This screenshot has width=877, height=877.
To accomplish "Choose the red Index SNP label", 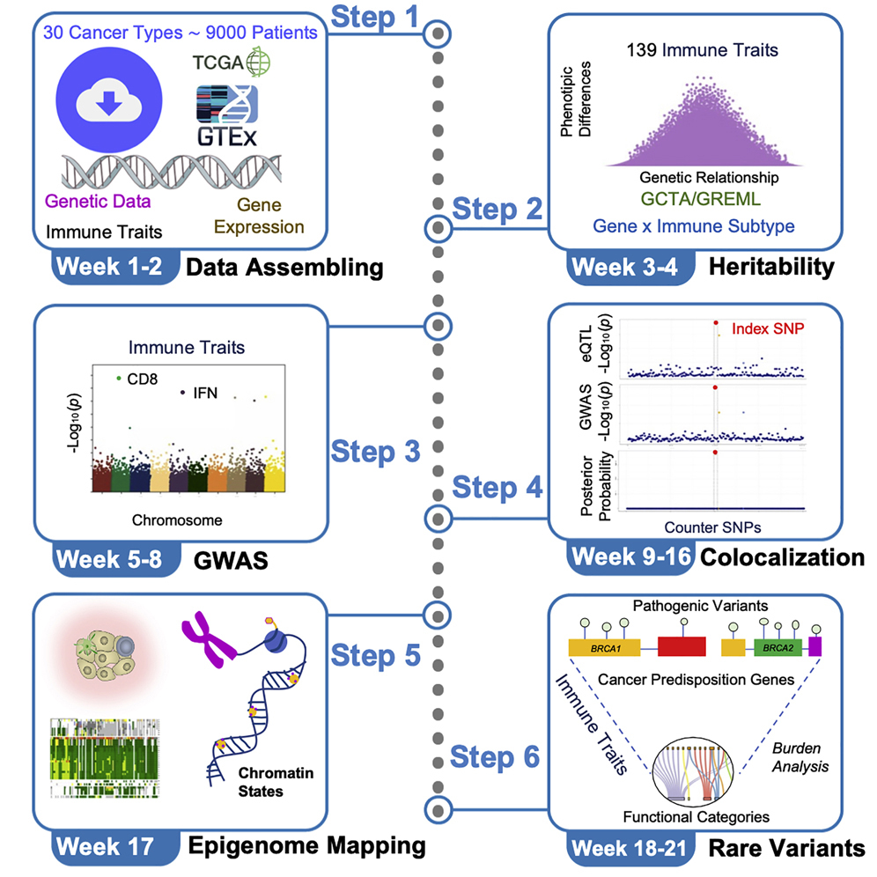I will click(x=769, y=328).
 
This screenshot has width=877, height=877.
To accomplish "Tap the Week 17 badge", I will click(x=104, y=847).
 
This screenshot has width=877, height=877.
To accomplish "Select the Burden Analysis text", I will click(x=800, y=757).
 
